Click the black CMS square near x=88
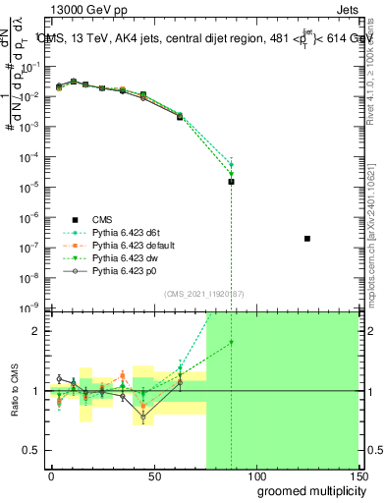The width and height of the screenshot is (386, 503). click(x=231, y=182)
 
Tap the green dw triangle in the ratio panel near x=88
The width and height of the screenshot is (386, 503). click(x=231, y=342)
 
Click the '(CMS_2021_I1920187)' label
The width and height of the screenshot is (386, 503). click(x=203, y=293)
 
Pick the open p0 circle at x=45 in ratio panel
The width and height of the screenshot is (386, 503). click(x=143, y=417)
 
